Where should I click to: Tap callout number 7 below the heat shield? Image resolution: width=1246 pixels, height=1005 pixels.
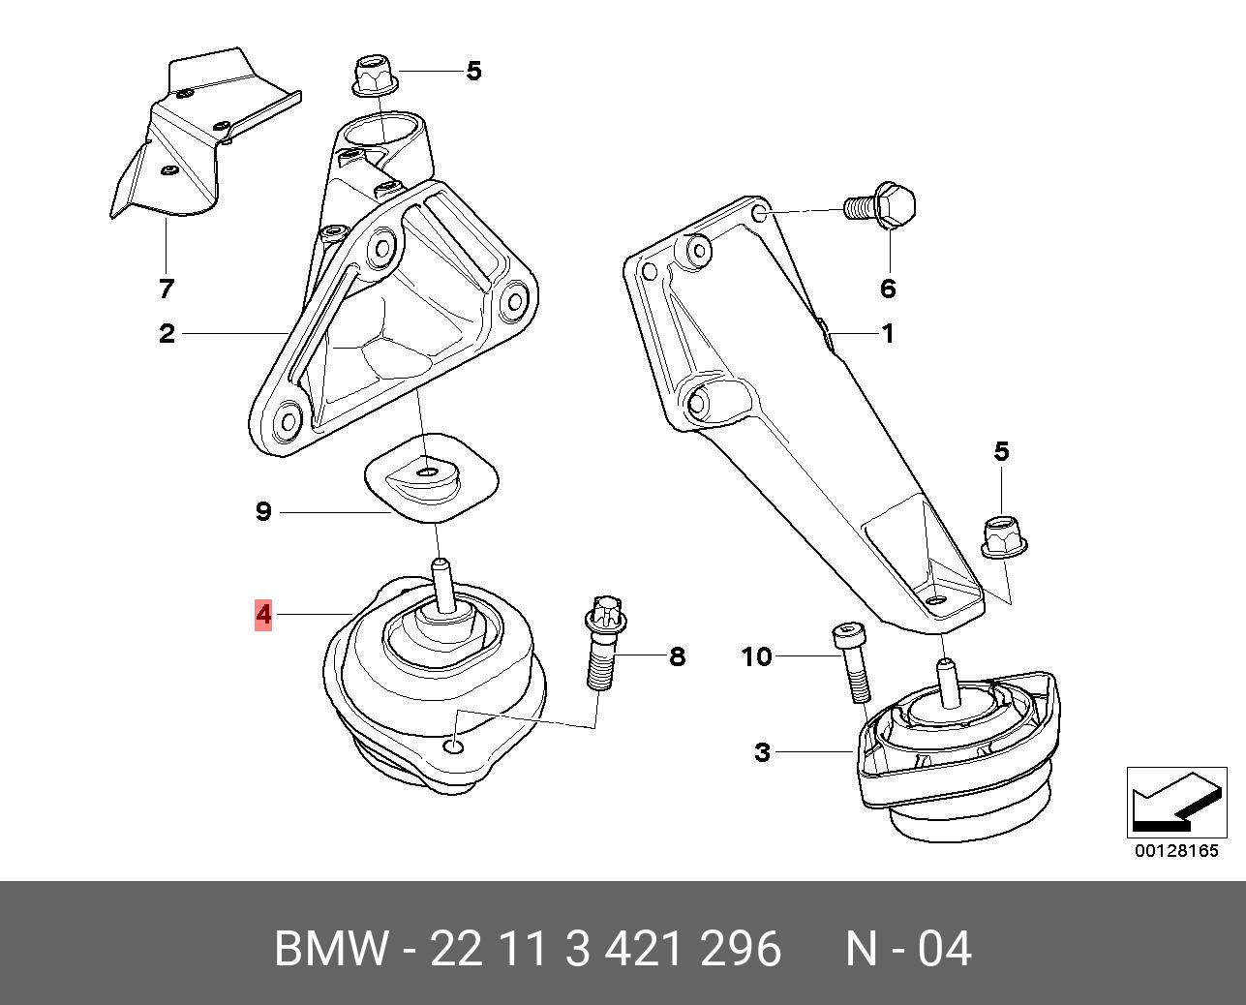point(166,289)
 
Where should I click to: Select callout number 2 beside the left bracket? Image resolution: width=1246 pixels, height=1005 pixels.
point(167,334)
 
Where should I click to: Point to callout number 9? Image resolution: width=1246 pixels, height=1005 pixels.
point(263,511)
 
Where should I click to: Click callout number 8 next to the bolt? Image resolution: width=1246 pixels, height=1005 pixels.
point(677,656)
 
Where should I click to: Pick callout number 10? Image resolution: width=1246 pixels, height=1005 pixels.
point(756,656)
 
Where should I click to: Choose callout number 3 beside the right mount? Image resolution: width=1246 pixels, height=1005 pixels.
point(763,751)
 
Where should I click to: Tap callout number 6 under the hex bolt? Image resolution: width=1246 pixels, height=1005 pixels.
point(888,288)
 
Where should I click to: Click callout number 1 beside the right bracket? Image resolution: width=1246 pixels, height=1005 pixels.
point(887,334)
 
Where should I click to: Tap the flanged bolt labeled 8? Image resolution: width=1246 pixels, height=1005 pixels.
point(599,644)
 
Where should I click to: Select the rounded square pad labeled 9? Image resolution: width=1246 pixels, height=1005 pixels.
point(431,475)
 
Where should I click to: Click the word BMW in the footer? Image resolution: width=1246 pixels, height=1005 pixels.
point(329,949)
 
